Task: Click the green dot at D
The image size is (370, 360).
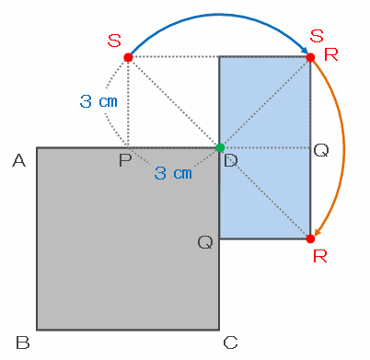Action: [x=220, y=147]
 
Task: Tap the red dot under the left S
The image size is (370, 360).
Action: [x=128, y=57]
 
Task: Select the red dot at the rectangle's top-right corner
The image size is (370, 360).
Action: [x=310, y=57]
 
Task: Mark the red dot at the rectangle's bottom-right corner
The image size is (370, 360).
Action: [x=310, y=238]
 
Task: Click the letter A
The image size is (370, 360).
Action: [x=19, y=160]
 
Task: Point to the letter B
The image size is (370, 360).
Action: [x=23, y=343]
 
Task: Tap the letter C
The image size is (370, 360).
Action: [x=230, y=343]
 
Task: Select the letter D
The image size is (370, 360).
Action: [x=231, y=160]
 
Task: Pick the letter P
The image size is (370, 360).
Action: [x=125, y=160]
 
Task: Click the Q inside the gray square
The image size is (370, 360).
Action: [x=205, y=243]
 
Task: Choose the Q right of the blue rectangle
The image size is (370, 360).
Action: [x=321, y=151]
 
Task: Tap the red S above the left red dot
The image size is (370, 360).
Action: [x=114, y=41]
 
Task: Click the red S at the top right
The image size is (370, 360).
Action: [x=317, y=36]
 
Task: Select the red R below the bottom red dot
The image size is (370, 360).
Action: [x=320, y=256]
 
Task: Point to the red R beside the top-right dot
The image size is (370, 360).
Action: [x=331, y=55]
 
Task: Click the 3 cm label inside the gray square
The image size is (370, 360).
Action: [x=173, y=173]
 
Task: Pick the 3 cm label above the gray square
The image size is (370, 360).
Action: [x=98, y=101]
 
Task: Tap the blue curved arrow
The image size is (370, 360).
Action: [x=218, y=15]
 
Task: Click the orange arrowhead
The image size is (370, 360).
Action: [x=318, y=232]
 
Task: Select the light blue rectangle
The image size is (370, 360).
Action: [x=265, y=147]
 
